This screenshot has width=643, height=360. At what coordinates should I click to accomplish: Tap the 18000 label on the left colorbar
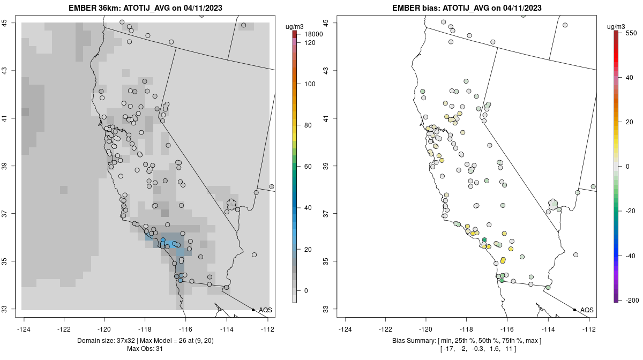coord(313,34)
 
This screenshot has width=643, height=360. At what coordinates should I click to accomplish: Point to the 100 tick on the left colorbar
coord(310,84)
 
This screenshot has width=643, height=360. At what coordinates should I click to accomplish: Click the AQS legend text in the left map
coord(265,310)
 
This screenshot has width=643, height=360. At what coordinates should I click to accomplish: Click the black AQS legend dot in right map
coord(574,310)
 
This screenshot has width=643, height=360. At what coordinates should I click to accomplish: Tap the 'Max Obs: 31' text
coord(145,349)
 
